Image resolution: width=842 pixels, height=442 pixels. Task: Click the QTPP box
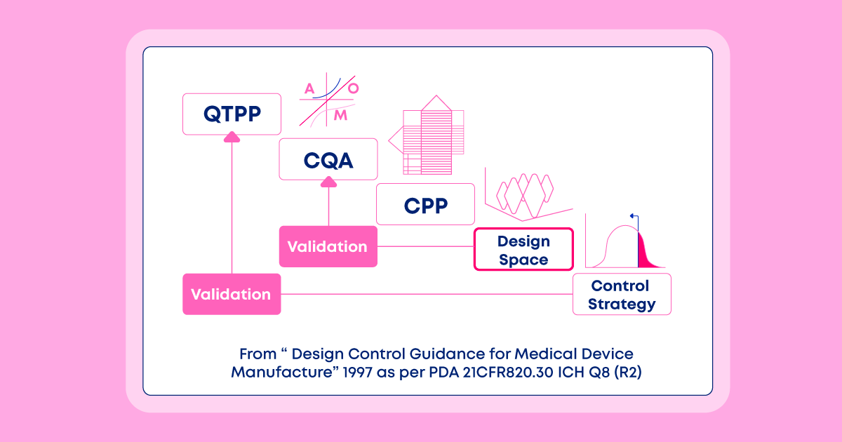click(232, 114)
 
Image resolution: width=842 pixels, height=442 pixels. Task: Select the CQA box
click(328, 159)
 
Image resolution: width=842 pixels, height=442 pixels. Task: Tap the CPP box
click(425, 204)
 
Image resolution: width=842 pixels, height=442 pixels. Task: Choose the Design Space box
click(523, 249)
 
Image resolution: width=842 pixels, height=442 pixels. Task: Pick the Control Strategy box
click(622, 294)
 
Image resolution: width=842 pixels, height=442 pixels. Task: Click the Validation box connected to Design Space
click(328, 246)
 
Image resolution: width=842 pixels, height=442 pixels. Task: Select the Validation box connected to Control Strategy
click(232, 294)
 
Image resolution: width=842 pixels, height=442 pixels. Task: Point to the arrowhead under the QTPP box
click(232, 137)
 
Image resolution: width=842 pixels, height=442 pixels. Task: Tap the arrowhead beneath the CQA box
click(328, 182)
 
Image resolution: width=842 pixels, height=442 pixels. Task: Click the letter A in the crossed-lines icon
click(309, 88)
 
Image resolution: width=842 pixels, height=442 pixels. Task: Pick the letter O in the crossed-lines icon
click(354, 88)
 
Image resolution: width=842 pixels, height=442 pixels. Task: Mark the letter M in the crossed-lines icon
click(340, 115)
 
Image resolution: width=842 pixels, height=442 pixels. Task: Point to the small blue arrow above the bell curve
click(634, 221)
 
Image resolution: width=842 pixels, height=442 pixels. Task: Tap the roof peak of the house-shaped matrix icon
click(436, 96)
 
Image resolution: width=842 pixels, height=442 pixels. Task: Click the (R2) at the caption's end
click(628, 372)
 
